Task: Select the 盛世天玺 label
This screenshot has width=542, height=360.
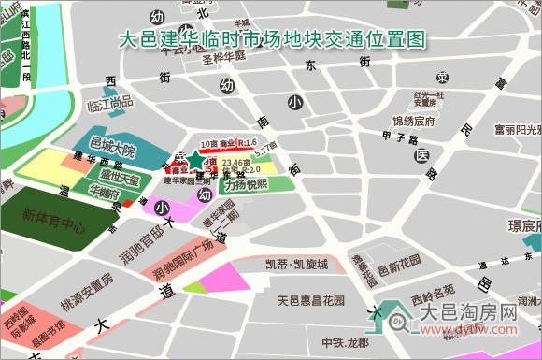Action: [x=120, y=178]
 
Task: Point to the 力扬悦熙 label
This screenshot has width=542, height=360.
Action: [x=245, y=184]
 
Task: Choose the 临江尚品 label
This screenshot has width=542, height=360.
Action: [x=109, y=105]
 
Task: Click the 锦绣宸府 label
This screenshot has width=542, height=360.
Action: [x=414, y=122]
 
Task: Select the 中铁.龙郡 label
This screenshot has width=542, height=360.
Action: [x=347, y=343]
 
